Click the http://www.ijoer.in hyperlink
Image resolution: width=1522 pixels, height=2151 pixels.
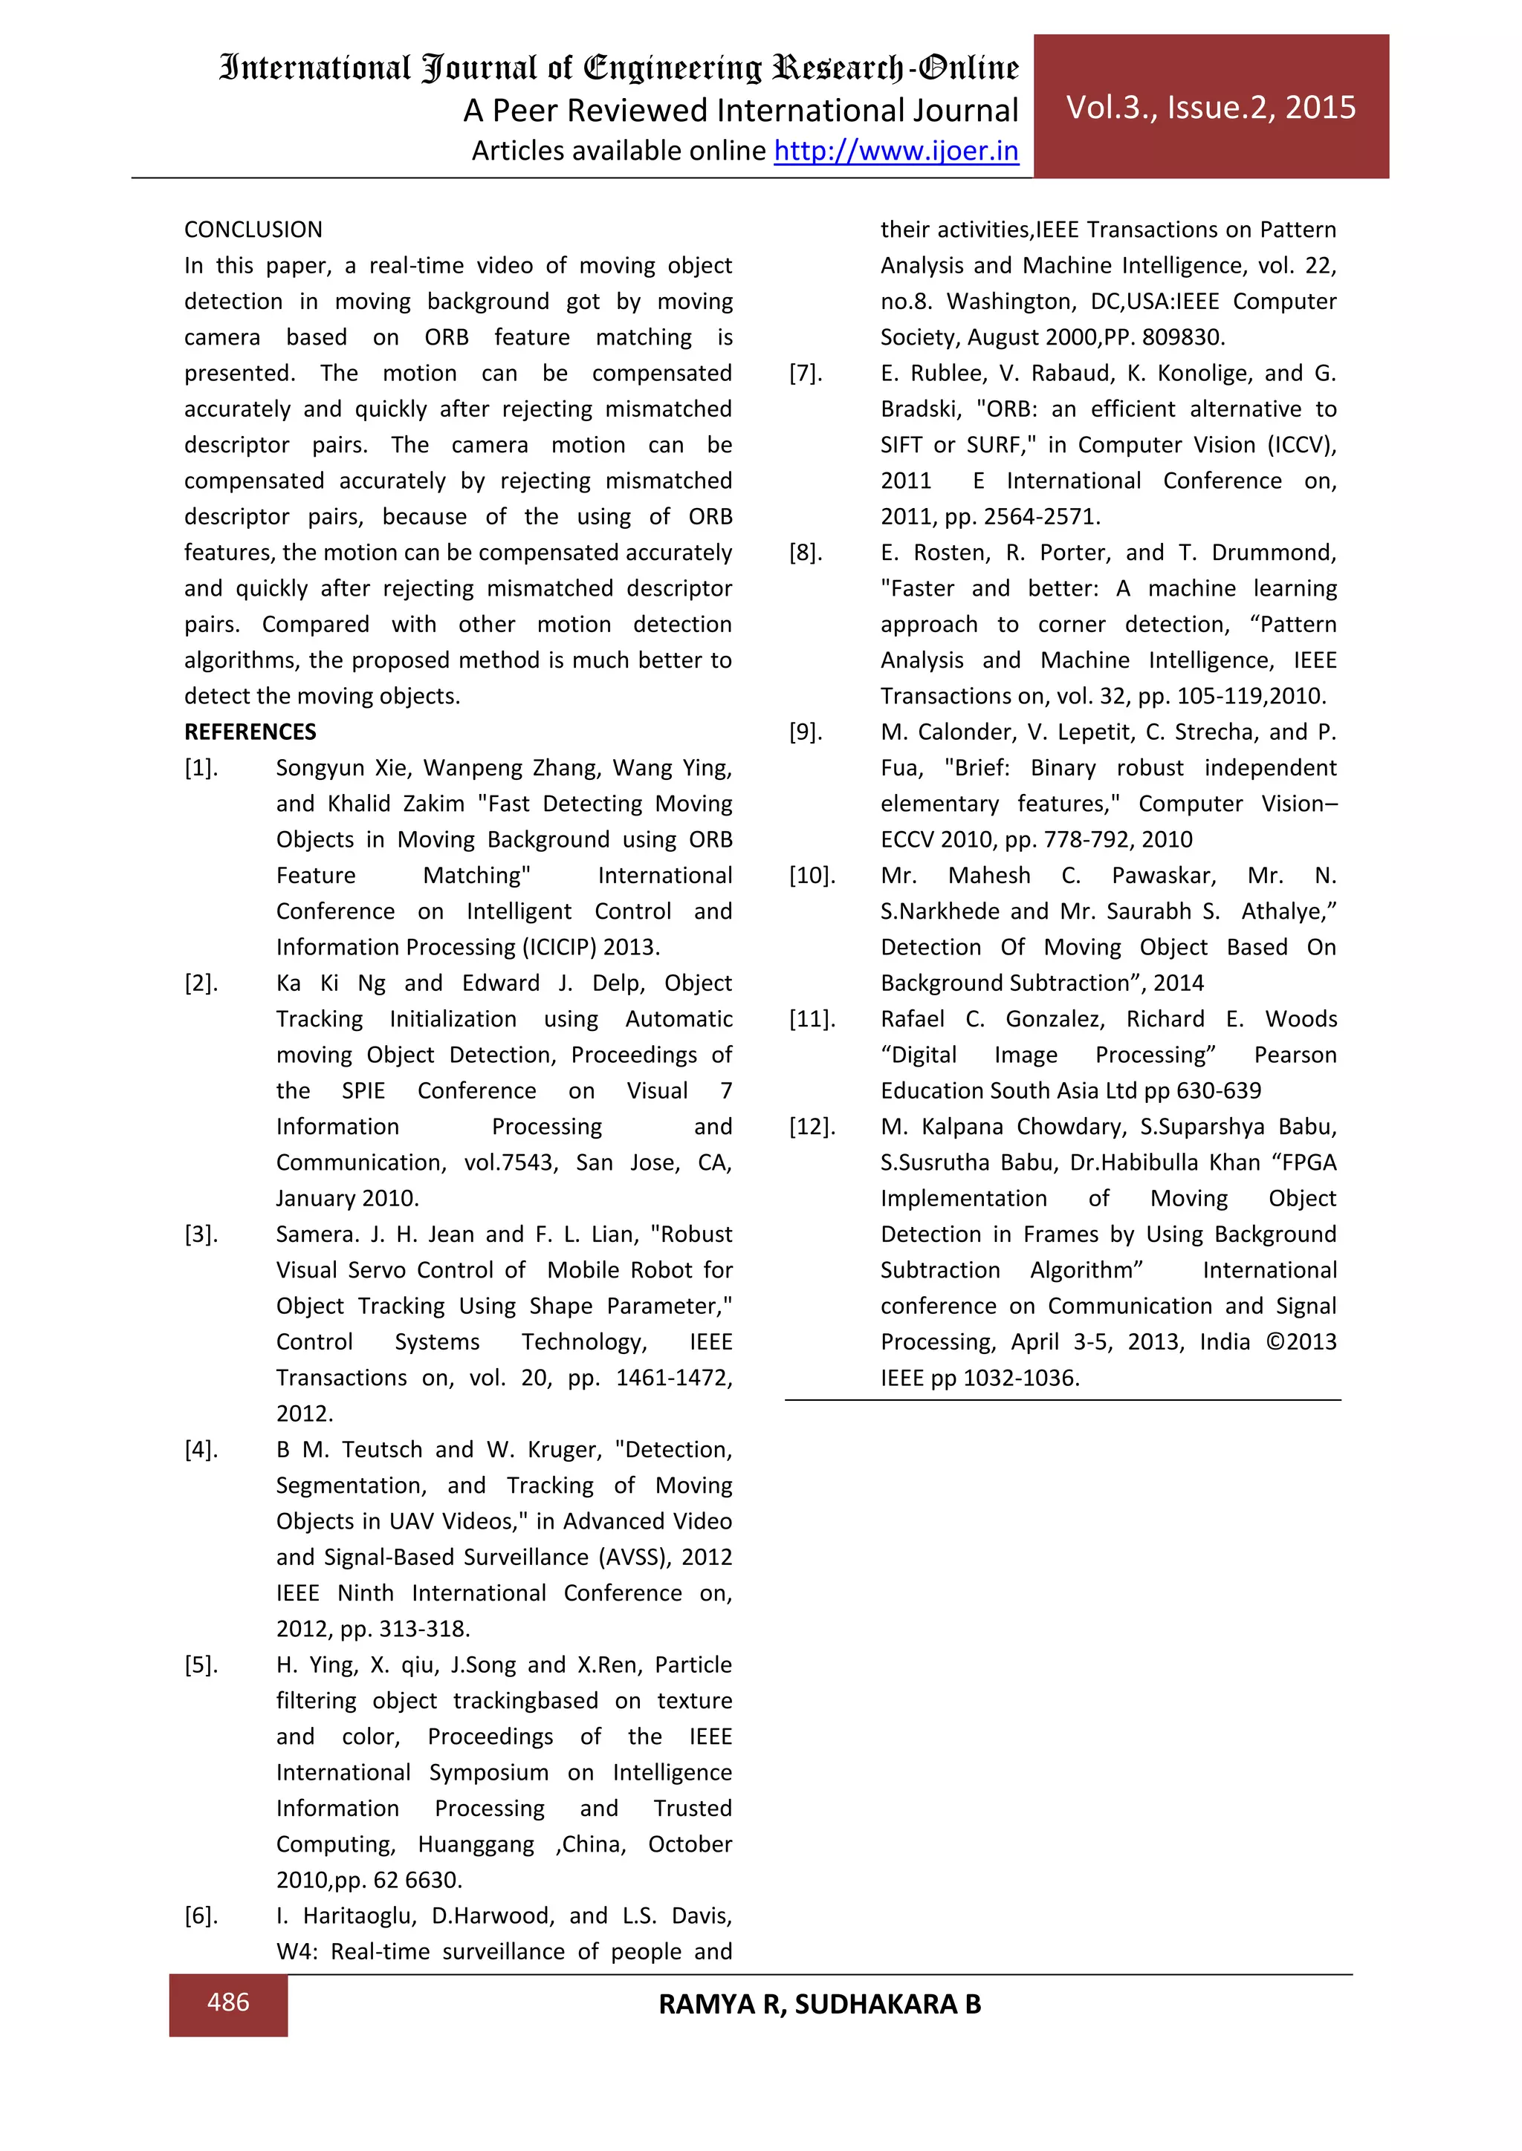pos(896,151)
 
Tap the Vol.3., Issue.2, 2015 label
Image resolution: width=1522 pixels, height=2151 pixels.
pos(1211,108)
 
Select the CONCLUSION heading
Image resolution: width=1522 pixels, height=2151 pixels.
pos(253,230)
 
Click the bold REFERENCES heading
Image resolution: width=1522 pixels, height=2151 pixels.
pos(250,732)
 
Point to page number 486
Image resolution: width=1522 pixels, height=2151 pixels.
pos(227,2002)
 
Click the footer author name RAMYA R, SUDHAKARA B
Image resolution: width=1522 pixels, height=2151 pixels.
pos(819,2004)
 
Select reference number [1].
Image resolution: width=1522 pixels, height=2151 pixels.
pos(201,768)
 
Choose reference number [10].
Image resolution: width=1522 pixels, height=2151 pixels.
pos(812,876)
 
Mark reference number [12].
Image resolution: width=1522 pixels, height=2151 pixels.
pos(812,1127)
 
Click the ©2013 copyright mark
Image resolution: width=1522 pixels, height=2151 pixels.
pos(1301,1342)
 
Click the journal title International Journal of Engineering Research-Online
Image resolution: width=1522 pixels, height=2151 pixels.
pos(618,68)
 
